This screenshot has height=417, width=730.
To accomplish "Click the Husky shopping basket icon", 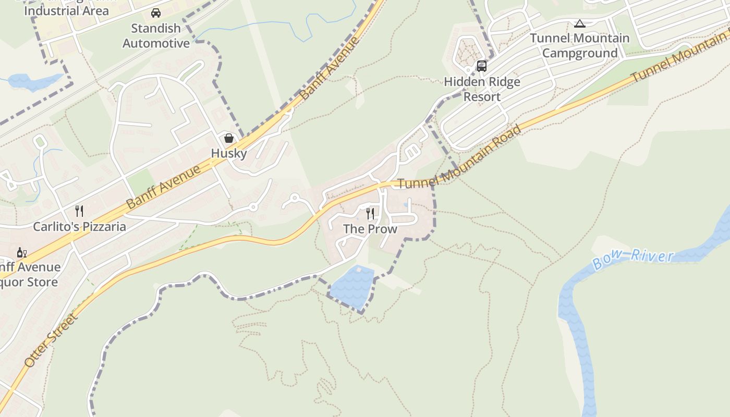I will point(228,138).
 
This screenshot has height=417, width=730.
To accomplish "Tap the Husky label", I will point(228,153).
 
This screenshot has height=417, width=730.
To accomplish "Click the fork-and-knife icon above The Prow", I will point(370,213).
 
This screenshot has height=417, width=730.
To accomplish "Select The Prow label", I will point(370,229).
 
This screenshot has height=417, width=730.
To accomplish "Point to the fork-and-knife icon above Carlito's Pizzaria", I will point(79,211).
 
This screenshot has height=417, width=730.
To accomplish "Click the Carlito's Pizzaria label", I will point(79,227).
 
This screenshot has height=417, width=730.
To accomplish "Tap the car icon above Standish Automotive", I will point(156,13).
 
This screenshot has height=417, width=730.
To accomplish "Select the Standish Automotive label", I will point(156,36).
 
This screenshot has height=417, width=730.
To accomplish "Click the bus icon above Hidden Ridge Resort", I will point(482,66).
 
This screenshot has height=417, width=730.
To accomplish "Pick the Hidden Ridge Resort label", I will point(482,89).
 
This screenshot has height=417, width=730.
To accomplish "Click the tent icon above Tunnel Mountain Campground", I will point(579,23).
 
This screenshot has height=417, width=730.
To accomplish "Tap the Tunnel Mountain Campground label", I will point(580,46).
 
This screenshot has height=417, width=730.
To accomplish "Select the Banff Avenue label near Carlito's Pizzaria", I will point(163,187).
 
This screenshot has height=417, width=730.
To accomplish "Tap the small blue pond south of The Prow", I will point(352,287).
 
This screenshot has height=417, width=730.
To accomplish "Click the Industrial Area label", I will point(66,10).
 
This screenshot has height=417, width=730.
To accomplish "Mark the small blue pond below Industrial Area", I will point(34,81).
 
